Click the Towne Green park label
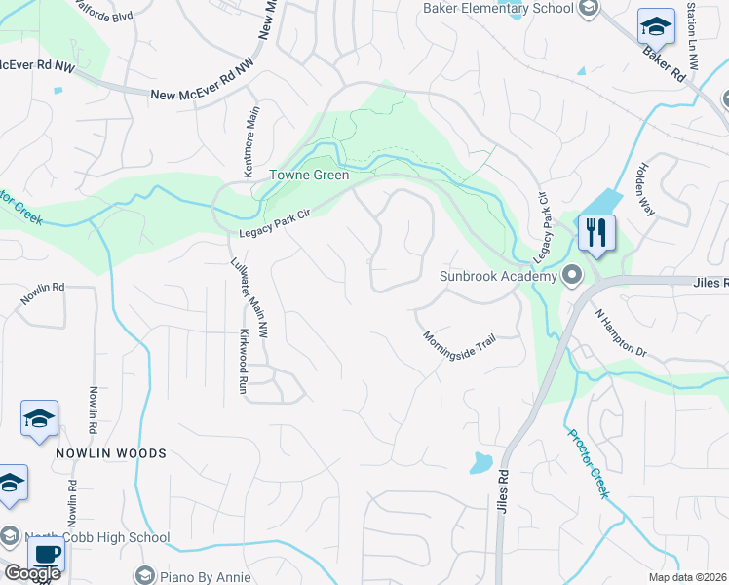(309, 175)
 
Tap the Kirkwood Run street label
(244, 361)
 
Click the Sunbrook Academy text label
(497, 276)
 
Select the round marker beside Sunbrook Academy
(572, 276)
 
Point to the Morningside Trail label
(459, 347)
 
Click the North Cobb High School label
(98, 537)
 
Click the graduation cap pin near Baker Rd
(656, 26)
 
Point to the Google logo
(31, 573)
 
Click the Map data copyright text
(687, 577)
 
